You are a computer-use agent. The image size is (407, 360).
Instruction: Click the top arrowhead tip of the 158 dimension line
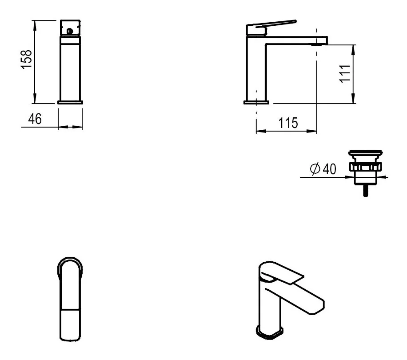tap(34, 20)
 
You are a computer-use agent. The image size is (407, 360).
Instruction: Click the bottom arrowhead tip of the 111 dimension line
tap(353, 103)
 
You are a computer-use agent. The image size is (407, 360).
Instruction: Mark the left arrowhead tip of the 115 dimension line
tap(256, 131)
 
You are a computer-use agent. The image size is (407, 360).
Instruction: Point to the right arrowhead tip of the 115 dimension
tap(317, 131)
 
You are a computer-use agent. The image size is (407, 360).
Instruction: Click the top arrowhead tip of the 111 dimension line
tap(353, 45)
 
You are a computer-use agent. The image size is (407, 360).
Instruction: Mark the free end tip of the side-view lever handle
tap(295, 21)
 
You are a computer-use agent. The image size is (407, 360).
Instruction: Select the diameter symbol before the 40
tap(315, 169)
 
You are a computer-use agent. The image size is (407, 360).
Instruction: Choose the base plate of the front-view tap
tap(70, 102)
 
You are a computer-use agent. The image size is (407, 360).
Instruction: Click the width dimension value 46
tap(35, 119)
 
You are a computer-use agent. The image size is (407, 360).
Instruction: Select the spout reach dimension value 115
tap(288, 123)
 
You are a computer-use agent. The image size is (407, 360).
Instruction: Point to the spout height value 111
tap(345, 74)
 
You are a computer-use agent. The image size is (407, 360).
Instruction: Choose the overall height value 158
tap(27, 60)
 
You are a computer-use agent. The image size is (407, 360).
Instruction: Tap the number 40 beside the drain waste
tap(330, 169)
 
